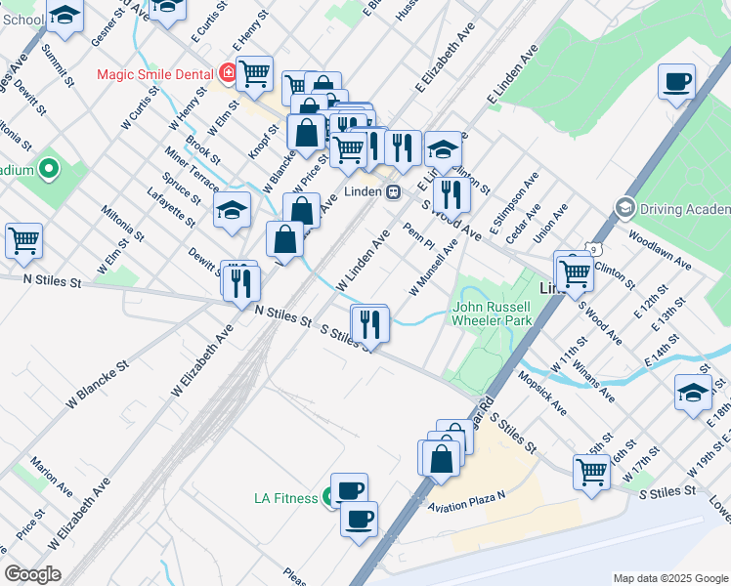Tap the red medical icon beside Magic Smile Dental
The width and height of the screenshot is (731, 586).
click(228, 73)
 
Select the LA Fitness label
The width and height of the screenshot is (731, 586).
click(285, 498)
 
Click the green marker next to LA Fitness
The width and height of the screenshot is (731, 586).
click(327, 498)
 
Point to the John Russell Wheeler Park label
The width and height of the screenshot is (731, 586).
click(492, 312)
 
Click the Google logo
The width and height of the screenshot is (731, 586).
click(33, 574)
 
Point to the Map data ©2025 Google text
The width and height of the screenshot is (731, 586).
click(669, 578)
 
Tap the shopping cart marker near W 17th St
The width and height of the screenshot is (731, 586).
click(592, 471)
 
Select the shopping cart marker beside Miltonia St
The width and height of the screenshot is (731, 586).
click(23, 239)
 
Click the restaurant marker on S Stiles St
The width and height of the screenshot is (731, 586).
click(369, 322)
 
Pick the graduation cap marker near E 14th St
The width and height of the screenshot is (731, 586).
click(693, 393)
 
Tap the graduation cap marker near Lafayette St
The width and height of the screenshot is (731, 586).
click(232, 209)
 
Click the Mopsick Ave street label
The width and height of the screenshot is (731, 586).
click(541, 391)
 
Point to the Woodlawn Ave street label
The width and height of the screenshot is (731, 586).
click(660, 251)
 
